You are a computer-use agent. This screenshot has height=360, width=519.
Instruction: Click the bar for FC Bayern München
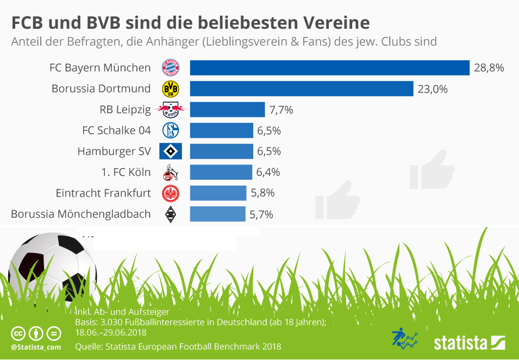329,68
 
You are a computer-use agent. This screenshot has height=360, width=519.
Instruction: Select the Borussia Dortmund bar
302,89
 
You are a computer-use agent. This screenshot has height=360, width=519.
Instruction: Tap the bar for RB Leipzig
227,110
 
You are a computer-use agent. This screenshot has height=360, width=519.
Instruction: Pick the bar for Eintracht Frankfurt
218,193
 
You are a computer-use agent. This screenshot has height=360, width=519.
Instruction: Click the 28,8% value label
489,68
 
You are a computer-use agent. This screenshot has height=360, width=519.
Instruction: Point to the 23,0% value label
433,89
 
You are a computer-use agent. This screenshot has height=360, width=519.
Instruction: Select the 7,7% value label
281,110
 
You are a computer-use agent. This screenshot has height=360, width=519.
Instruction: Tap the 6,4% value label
267,172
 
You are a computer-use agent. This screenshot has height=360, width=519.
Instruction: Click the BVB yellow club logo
171,89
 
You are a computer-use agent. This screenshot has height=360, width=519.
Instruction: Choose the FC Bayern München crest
171,68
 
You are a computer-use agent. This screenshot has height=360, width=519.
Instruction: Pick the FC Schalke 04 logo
171,130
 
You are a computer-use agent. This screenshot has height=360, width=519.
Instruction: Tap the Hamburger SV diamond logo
171,151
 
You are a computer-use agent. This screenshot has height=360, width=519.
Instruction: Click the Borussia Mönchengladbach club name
80,214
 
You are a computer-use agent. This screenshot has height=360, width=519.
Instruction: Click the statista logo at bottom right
470,343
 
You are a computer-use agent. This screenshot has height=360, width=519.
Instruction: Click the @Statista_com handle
35,347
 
